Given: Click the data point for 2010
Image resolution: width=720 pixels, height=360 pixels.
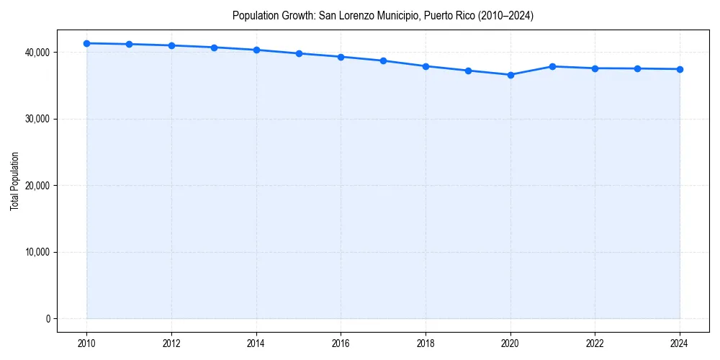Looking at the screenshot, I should pyautogui.click(x=86, y=43).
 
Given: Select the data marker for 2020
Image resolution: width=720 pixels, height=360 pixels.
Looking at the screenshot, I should pyautogui.click(x=510, y=75).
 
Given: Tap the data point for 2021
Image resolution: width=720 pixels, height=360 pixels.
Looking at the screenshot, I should pyautogui.click(x=552, y=66).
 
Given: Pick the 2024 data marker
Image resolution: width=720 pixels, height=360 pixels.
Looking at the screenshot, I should pyautogui.click(x=680, y=69).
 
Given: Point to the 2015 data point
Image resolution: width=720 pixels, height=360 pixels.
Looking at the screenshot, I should pyautogui.click(x=299, y=53).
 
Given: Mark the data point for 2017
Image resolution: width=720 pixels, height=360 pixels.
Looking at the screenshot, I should pyautogui.click(x=383, y=60).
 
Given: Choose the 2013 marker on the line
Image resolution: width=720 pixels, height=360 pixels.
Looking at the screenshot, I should pyautogui.click(x=214, y=48).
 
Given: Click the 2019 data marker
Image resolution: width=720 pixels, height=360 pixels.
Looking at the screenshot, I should pyautogui.click(x=468, y=71).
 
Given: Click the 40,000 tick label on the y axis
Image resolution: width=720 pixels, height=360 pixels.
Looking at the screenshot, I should pyautogui.click(x=36, y=53).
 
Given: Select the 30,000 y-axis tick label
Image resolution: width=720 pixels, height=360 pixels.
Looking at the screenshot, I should pyautogui.click(x=36, y=119).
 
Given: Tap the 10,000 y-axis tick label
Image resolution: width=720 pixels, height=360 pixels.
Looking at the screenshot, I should pyautogui.click(x=36, y=252).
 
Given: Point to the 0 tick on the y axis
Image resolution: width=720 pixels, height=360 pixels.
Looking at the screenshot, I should pyautogui.click(x=48, y=319).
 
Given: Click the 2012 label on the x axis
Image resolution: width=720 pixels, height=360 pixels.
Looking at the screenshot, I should pyautogui.click(x=171, y=343).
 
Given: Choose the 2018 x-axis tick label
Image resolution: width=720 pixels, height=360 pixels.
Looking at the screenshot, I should pyautogui.click(x=426, y=343).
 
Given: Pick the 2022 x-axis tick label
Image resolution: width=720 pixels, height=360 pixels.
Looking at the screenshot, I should pyautogui.click(x=595, y=343).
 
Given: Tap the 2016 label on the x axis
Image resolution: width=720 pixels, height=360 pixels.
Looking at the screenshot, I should pyautogui.click(x=341, y=343).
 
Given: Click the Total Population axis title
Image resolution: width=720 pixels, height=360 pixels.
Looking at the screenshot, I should pyautogui.click(x=14, y=181).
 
